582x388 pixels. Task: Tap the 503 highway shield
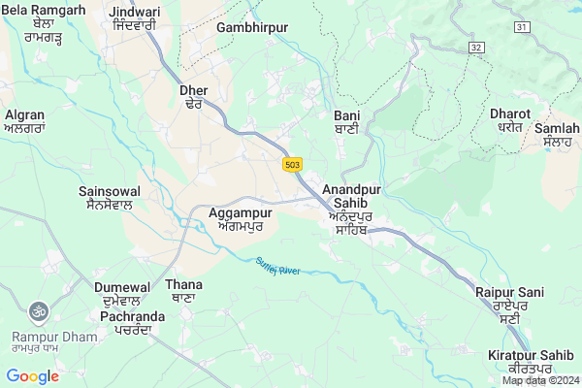(x=292, y=165)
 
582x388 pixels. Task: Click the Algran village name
(x=24, y=119)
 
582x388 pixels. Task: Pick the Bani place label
(x=333, y=121)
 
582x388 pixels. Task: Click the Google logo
(x=32, y=376)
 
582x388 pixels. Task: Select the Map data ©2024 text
(x=539, y=380)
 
